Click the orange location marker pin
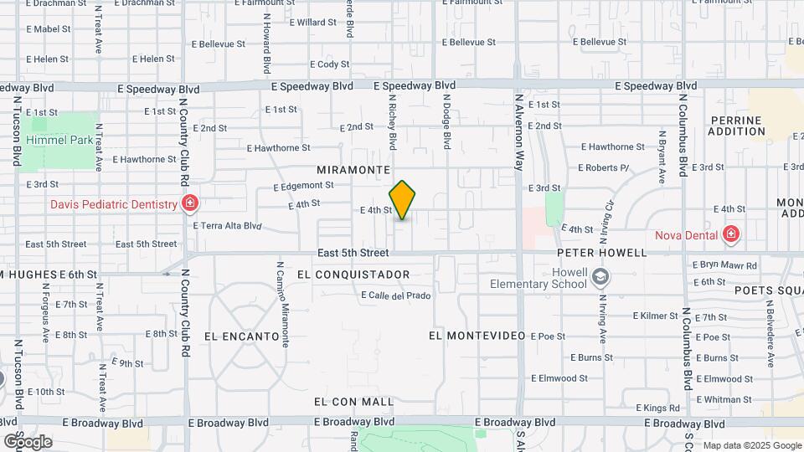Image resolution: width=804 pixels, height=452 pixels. coord(403,199)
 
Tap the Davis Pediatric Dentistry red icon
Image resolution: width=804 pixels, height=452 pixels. coord(190,203)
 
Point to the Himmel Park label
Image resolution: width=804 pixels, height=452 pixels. coord(59,141)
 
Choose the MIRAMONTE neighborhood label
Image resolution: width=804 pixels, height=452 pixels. coord(353,169)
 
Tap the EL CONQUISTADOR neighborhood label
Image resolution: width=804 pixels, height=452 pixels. coord(353,275)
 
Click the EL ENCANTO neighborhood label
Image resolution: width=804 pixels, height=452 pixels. coord(241,336)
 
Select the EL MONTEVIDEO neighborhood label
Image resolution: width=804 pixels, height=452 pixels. coord(477,336)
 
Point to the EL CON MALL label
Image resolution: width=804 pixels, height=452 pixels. coord(353,402)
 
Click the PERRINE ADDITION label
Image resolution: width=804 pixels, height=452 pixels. coord(737,126)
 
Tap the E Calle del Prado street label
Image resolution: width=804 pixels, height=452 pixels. coord(395,295)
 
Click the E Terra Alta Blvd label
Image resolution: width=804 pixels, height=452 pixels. coord(228,225)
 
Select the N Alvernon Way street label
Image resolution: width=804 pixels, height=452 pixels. coord(519,134)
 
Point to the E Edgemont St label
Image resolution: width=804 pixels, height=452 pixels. coord(304,186)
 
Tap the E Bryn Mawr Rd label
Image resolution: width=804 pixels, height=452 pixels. coord(724,265)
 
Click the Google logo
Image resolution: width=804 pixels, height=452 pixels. coord(27,441)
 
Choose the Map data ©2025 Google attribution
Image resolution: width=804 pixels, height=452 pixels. coord(752,445)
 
